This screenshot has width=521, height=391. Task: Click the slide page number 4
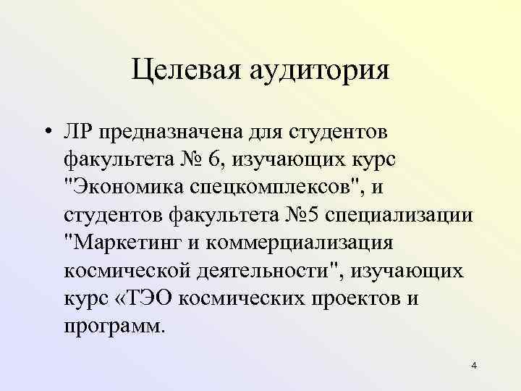pos(473,366)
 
